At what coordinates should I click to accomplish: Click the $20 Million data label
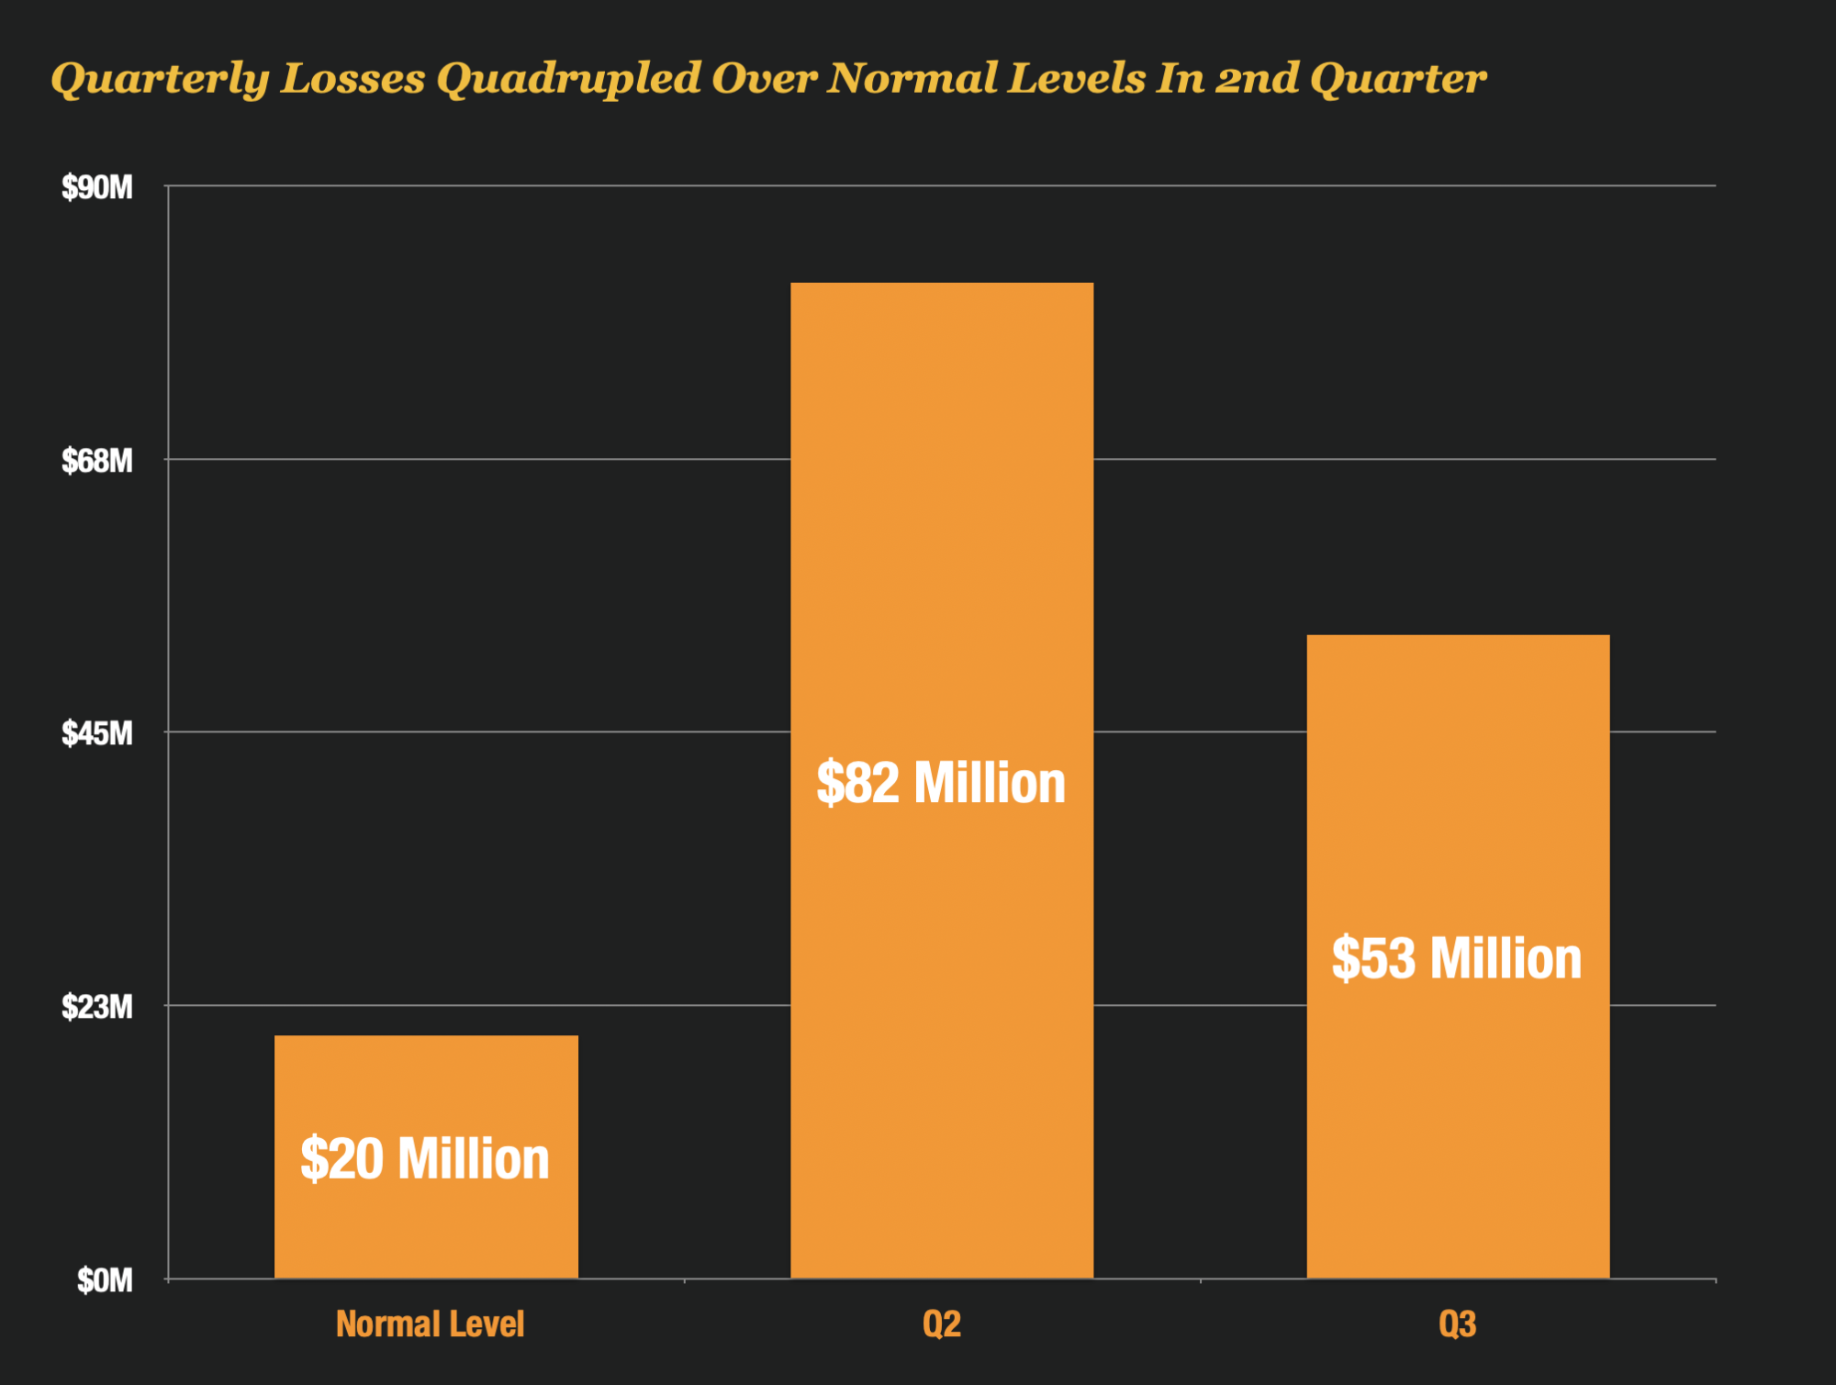pos(425,1158)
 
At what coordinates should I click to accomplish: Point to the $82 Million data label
pos(941,783)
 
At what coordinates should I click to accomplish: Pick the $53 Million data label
pos(1457,958)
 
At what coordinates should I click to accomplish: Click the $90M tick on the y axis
pos(97,188)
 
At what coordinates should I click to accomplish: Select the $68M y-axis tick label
pos(97,461)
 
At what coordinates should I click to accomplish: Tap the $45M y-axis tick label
pos(97,733)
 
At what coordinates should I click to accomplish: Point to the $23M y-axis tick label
pos(97,1007)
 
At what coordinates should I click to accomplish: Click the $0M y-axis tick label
pos(105,1280)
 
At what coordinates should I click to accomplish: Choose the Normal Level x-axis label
pos(430,1324)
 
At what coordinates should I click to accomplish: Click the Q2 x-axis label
pos(942,1324)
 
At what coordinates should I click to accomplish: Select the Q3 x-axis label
pos(1458,1324)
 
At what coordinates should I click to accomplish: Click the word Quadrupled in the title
pos(568,79)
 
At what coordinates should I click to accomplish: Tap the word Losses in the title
pos(353,78)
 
